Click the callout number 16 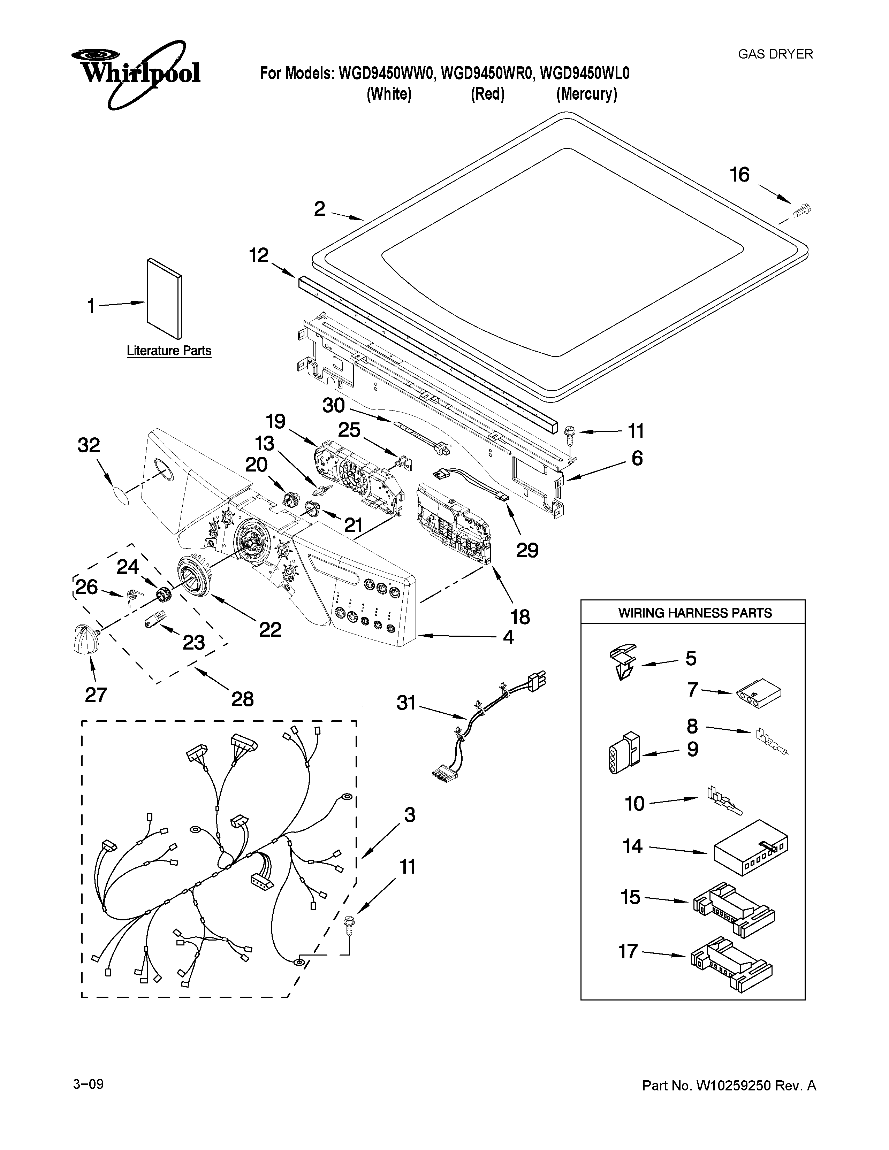739,174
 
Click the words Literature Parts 169,351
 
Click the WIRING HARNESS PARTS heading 695,613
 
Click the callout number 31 406,703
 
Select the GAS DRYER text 775,54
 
